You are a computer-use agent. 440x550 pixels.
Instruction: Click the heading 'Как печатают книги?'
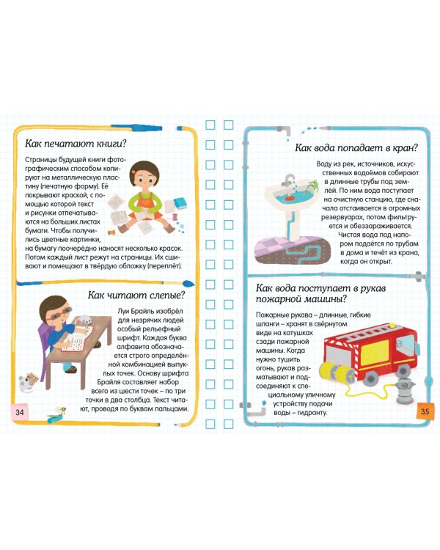(x=76, y=144)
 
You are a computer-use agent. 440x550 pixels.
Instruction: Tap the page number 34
(x=20, y=412)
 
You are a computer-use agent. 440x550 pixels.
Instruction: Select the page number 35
(x=425, y=411)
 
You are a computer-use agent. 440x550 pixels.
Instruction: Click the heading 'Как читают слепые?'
(x=136, y=295)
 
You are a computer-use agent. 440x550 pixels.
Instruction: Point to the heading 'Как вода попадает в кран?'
(x=356, y=147)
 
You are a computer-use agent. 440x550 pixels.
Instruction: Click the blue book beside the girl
(x=180, y=204)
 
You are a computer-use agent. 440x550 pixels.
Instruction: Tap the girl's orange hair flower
(x=133, y=172)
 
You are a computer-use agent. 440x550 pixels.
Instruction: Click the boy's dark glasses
(x=60, y=313)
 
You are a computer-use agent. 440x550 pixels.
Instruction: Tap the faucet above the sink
(x=289, y=180)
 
